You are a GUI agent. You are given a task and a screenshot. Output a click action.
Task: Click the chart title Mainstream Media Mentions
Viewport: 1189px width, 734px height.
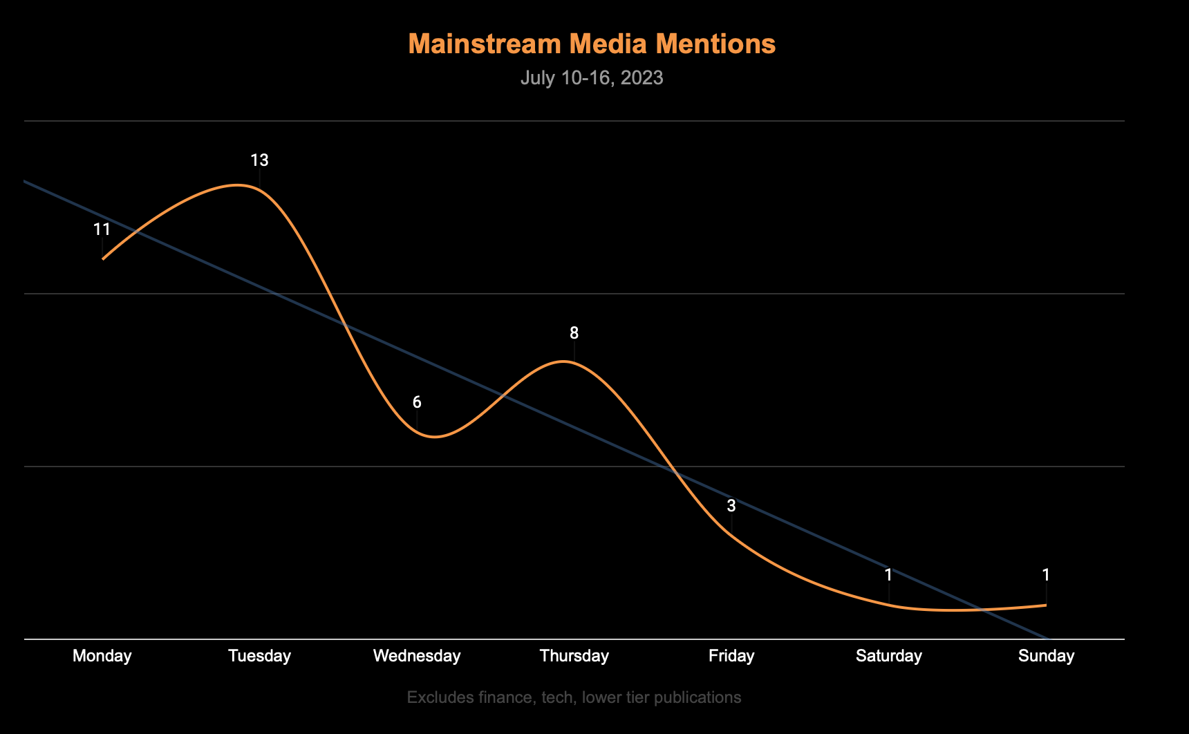tap(592, 44)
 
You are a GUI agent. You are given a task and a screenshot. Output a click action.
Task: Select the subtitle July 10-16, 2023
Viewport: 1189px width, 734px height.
tap(592, 77)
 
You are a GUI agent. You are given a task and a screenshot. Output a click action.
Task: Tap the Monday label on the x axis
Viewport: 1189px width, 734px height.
tap(102, 656)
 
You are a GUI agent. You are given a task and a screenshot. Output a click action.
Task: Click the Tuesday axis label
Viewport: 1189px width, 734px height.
tap(260, 656)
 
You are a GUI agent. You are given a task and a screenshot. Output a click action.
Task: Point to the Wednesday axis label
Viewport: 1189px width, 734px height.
tap(417, 656)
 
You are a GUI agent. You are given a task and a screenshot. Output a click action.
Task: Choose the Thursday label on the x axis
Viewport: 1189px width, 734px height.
tap(574, 656)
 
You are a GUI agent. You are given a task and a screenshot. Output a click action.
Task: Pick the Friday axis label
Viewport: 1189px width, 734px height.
tap(731, 656)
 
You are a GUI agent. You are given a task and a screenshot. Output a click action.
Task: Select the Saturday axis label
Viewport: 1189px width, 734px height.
tap(889, 656)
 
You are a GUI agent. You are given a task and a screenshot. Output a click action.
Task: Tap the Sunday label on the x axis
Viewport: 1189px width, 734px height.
tap(1046, 656)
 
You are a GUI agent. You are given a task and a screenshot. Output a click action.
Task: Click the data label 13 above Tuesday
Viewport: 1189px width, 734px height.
tap(259, 160)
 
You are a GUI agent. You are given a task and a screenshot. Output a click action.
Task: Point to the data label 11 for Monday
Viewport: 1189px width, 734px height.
tap(102, 229)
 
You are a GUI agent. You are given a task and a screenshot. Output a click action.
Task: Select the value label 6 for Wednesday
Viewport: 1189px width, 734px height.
tap(417, 402)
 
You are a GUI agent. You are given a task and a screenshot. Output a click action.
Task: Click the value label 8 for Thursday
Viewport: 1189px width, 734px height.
tap(574, 333)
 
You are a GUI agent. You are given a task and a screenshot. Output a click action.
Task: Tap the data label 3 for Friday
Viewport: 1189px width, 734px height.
tap(731, 506)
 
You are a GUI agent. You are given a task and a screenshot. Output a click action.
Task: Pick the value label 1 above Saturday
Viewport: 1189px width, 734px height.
tap(889, 575)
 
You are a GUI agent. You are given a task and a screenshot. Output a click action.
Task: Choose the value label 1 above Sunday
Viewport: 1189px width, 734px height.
tap(1046, 575)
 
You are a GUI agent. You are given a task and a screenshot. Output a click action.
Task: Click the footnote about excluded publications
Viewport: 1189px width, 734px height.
tap(574, 697)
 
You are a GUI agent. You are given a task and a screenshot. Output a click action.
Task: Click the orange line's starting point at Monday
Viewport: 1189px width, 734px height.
tap(103, 258)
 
